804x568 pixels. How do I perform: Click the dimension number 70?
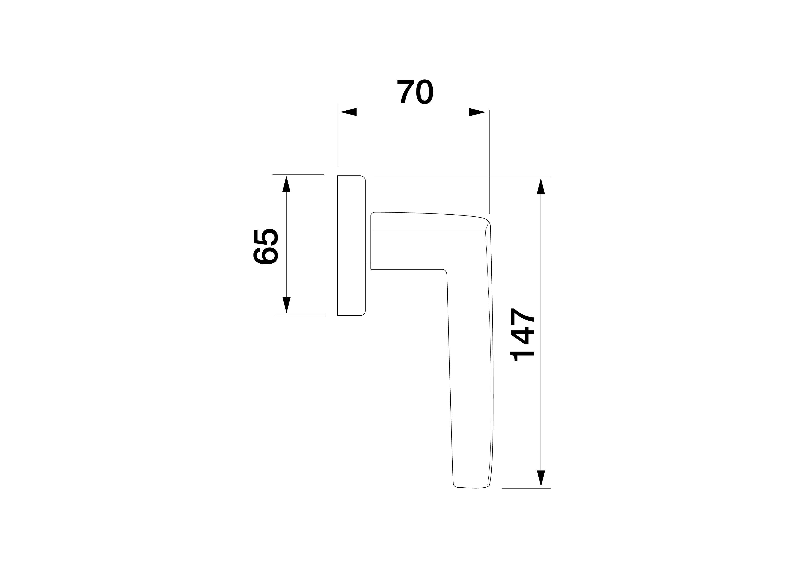pos(415,92)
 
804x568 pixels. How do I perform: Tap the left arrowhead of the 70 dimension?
pos(348,112)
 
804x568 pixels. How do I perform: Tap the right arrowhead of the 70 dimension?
pos(477,112)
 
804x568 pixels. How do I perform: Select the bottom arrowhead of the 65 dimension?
pos(286,304)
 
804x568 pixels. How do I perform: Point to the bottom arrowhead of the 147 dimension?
pos(541,478)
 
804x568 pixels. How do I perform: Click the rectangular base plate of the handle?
pos(351,245)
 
